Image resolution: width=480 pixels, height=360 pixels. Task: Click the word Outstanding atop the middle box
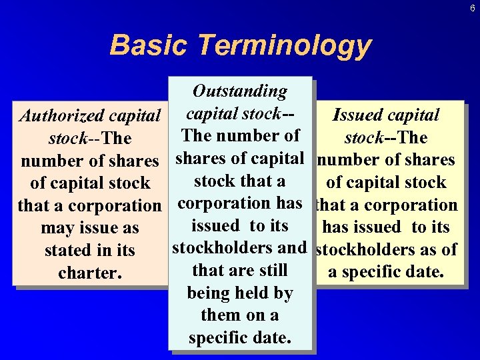click(239, 91)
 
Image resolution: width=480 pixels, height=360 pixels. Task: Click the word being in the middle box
click(210, 293)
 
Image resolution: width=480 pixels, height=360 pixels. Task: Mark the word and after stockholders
click(291, 249)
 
